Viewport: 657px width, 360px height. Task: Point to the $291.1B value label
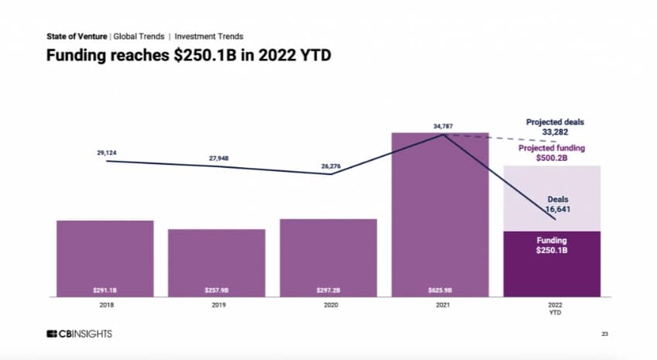tap(105, 291)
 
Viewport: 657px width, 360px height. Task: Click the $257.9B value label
tap(216, 291)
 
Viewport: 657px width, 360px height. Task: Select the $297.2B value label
tap(328, 291)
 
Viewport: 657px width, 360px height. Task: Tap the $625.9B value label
tap(440, 291)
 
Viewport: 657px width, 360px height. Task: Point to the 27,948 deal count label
tap(218, 159)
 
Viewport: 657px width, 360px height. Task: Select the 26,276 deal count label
tap(331, 165)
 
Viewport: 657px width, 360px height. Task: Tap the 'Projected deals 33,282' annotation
tap(555, 126)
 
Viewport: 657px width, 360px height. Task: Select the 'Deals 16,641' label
tap(553, 204)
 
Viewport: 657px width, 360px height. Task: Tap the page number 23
tap(604, 334)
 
